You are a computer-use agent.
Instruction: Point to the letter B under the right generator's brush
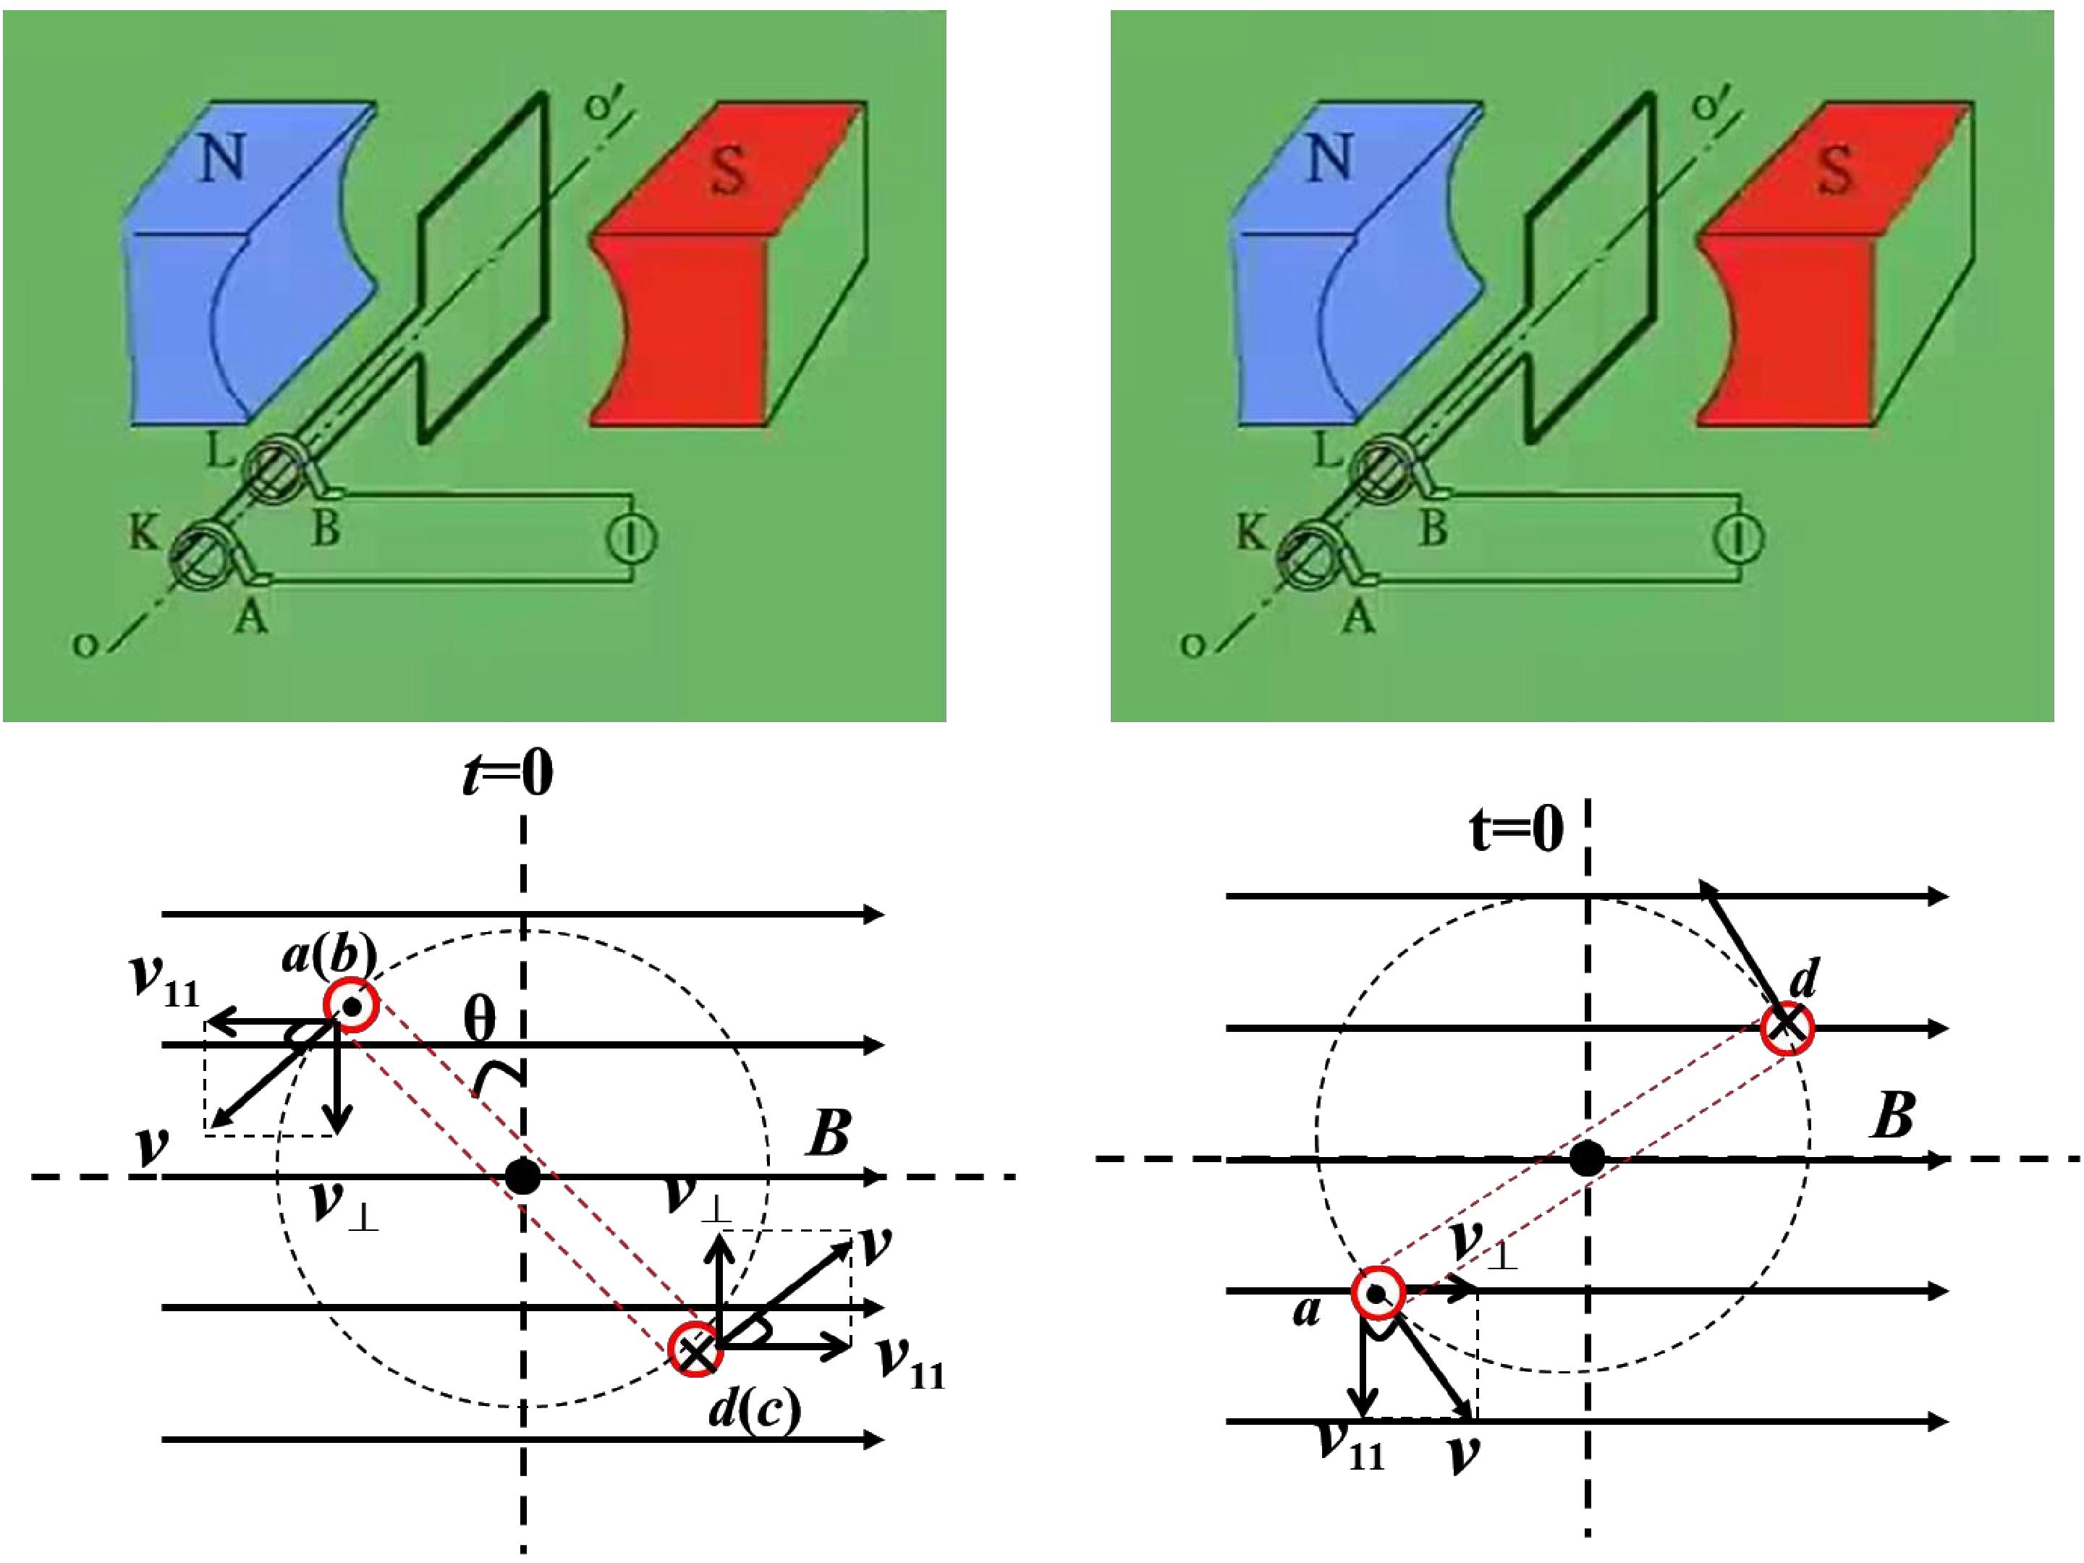point(1432,530)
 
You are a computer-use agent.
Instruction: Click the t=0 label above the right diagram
point(1516,829)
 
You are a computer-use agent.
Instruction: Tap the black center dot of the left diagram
point(523,1177)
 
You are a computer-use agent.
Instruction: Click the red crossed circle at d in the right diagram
point(1787,1027)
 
